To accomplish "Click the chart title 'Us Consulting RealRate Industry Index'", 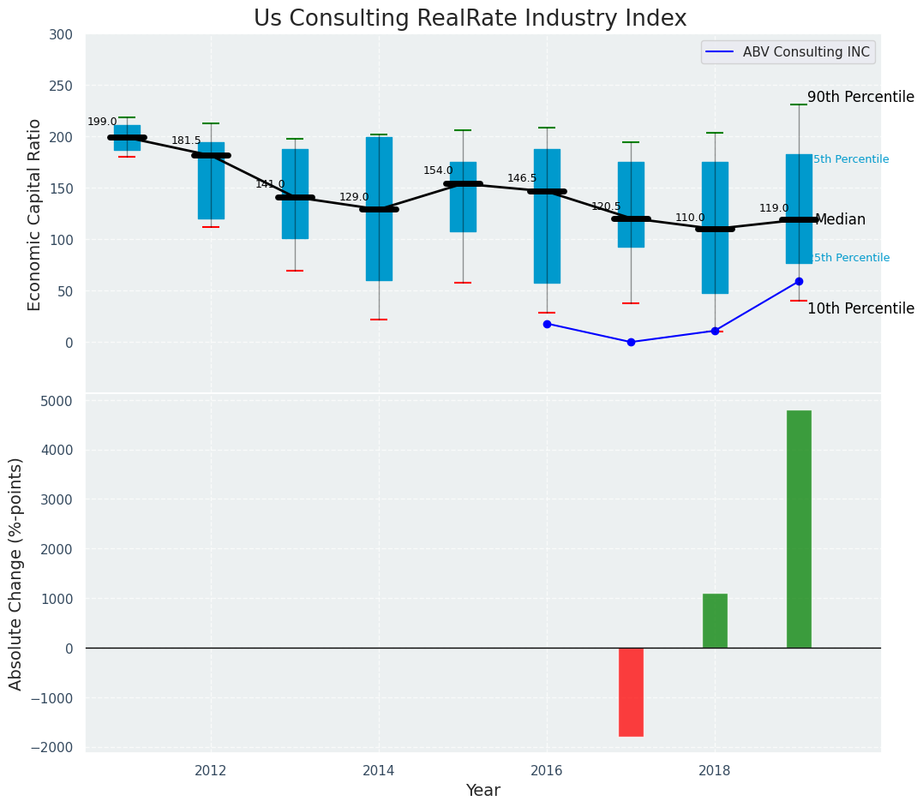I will (x=470, y=19).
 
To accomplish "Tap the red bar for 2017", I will (x=631, y=691).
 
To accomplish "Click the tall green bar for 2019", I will (x=799, y=529).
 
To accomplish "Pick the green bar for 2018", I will (x=715, y=620).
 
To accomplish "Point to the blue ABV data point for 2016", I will (x=547, y=324).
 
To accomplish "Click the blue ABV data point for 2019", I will (x=799, y=281).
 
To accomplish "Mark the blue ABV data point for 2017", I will (x=631, y=342).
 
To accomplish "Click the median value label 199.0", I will (x=102, y=122).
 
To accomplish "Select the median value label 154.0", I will (x=438, y=170).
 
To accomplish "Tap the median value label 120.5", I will (x=606, y=206).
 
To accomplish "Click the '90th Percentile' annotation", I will (x=860, y=98).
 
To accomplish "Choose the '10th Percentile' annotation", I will (x=860, y=309).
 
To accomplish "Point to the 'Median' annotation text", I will (x=840, y=220).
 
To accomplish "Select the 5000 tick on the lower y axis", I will (x=56, y=401).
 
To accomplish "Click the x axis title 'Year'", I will (x=482, y=791).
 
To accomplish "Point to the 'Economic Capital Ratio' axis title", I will (x=35, y=214).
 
